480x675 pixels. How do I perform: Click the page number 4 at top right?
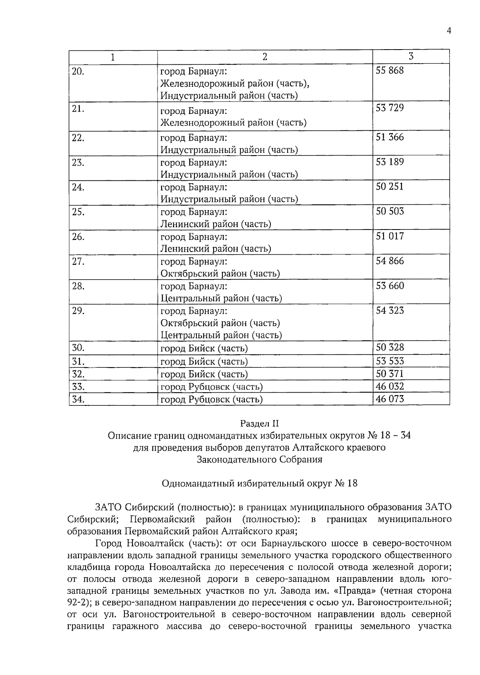pos(449,31)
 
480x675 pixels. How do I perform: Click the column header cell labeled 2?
pos(265,57)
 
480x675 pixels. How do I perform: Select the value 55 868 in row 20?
pos(390,71)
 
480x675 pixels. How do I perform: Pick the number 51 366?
pos(390,137)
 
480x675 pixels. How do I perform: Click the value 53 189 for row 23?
pos(390,162)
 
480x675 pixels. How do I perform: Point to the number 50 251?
pos(390,187)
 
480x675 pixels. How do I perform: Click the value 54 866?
pos(390,261)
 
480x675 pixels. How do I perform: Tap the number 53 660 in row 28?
pos(390,286)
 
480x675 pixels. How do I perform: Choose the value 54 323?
pos(390,311)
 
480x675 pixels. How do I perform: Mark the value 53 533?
pos(390,361)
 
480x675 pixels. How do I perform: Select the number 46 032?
pos(390,386)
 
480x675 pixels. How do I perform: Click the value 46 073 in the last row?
pos(390,399)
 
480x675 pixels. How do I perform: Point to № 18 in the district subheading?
pos(346,483)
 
